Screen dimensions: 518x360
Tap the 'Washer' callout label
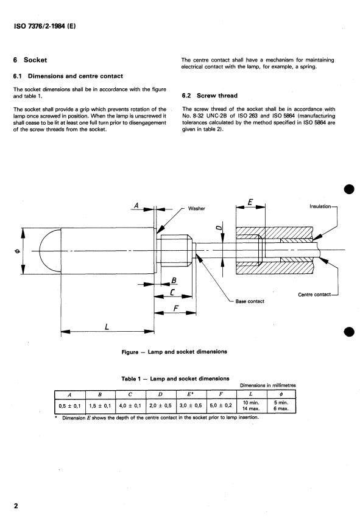tap(197, 208)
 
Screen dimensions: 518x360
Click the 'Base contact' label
tap(250, 301)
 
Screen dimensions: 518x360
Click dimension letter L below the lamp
tap(107, 326)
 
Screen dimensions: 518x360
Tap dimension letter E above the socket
tap(250, 202)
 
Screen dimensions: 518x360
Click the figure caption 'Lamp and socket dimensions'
tap(175, 351)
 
